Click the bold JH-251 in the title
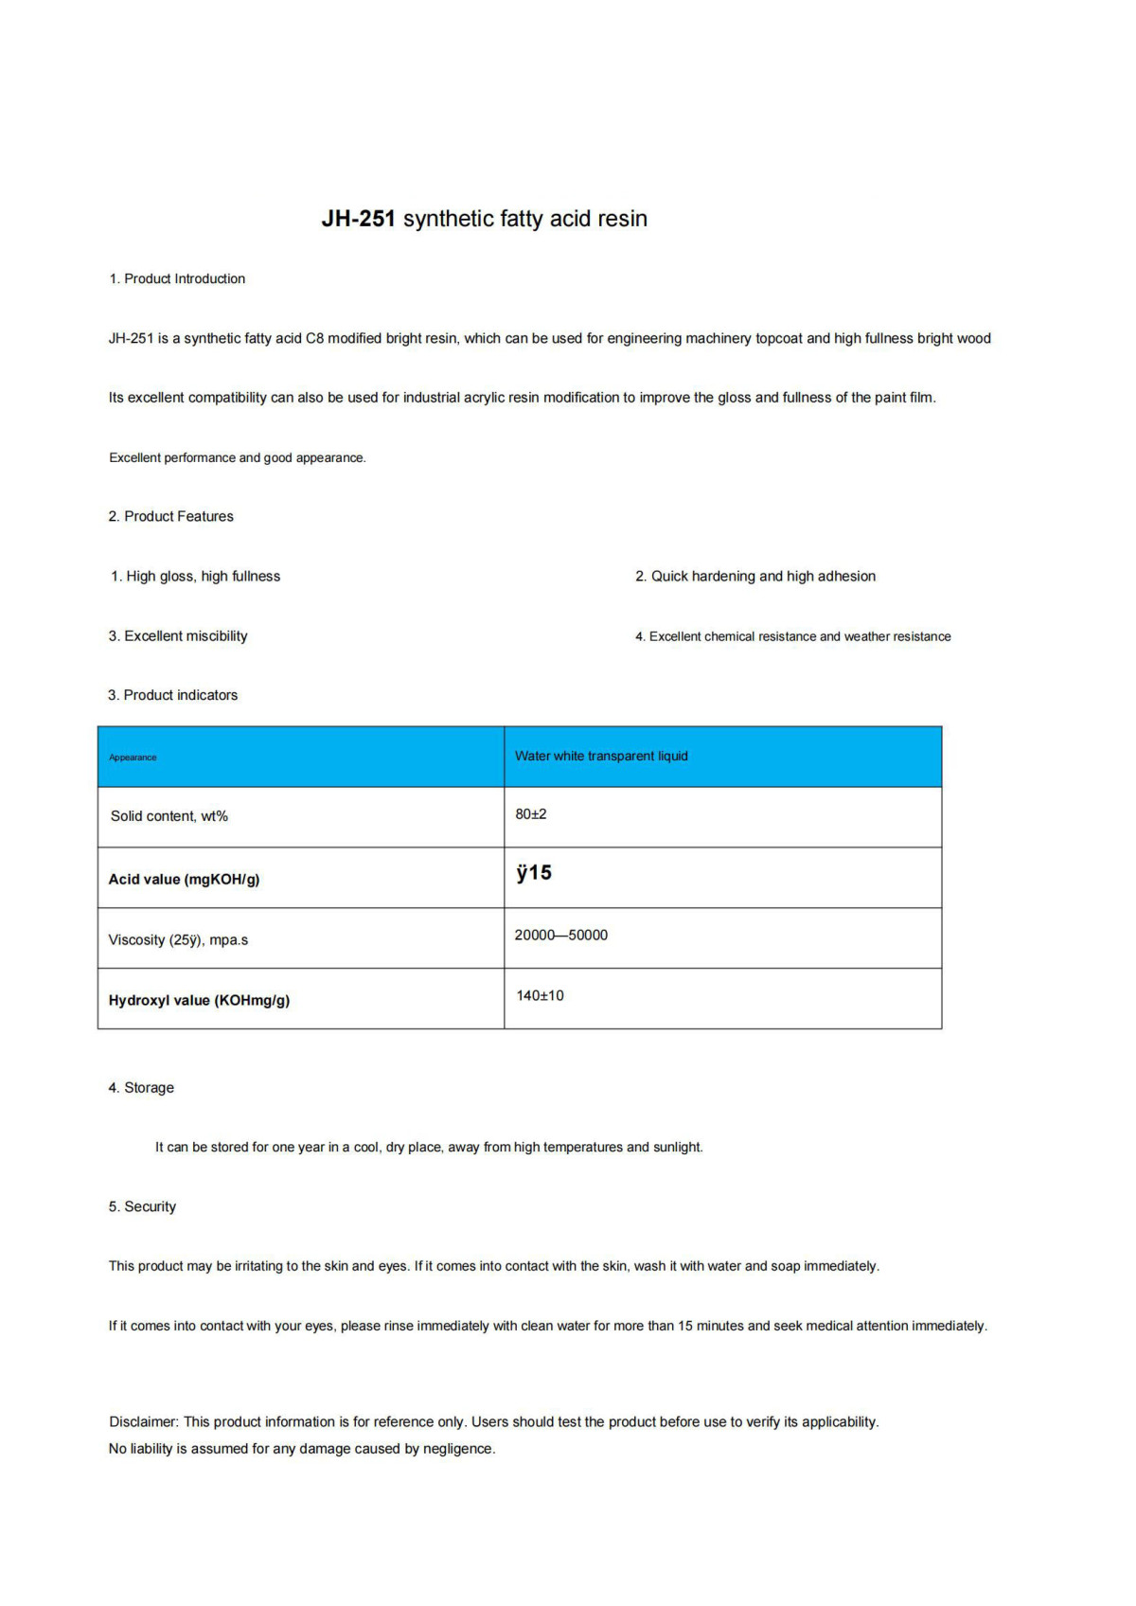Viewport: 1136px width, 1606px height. coord(358,219)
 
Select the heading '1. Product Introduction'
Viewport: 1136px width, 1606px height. coord(177,278)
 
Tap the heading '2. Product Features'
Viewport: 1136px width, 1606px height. coord(170,516)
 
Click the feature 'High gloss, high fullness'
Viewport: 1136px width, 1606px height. coord(196,576)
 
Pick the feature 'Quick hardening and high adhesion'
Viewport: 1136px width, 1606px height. coord(755,576)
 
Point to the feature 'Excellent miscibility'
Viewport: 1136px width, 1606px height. coord(178,635)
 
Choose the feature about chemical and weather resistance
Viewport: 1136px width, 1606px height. coord(793,636)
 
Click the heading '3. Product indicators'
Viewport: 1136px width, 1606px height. coord(172,695)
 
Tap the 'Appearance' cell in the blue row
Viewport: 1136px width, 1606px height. coord(133,758)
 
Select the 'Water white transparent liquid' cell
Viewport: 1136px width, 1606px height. coord(601,756)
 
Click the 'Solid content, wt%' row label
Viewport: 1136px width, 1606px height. coord(169,816)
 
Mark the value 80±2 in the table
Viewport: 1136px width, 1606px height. coord(531,814)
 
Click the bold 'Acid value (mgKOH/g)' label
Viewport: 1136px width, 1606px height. coord(185,879)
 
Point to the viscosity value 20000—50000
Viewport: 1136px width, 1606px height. coord(561,935)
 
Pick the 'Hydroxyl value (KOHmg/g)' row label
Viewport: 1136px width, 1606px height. coord(199,1000)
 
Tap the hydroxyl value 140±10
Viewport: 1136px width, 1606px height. coord(540,995)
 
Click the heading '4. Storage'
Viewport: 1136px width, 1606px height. coord(141,1087)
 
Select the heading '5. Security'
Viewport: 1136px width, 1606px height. coord(142,1206)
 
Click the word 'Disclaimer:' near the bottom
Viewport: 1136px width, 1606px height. coord(144,1421)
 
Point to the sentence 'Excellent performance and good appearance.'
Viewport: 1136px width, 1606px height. coord(238,457)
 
